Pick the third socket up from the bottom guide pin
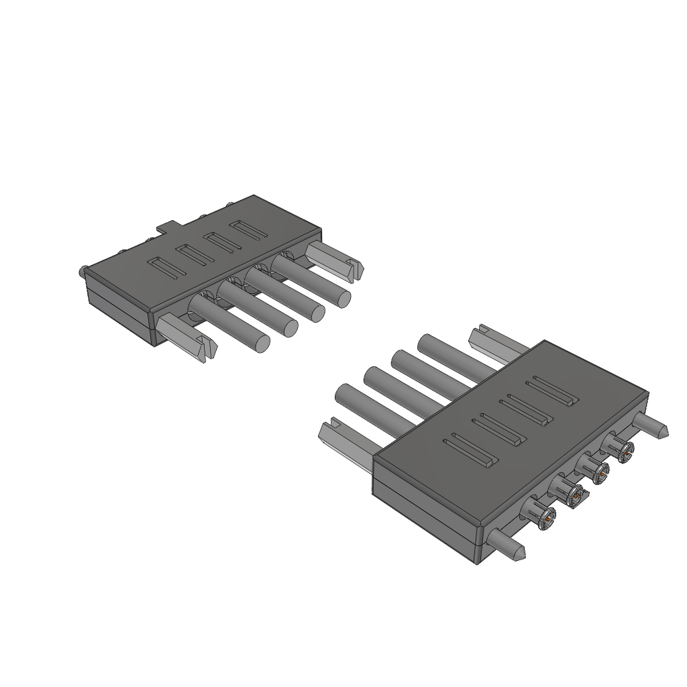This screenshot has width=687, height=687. pyautogui.click(x=596, y=472)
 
